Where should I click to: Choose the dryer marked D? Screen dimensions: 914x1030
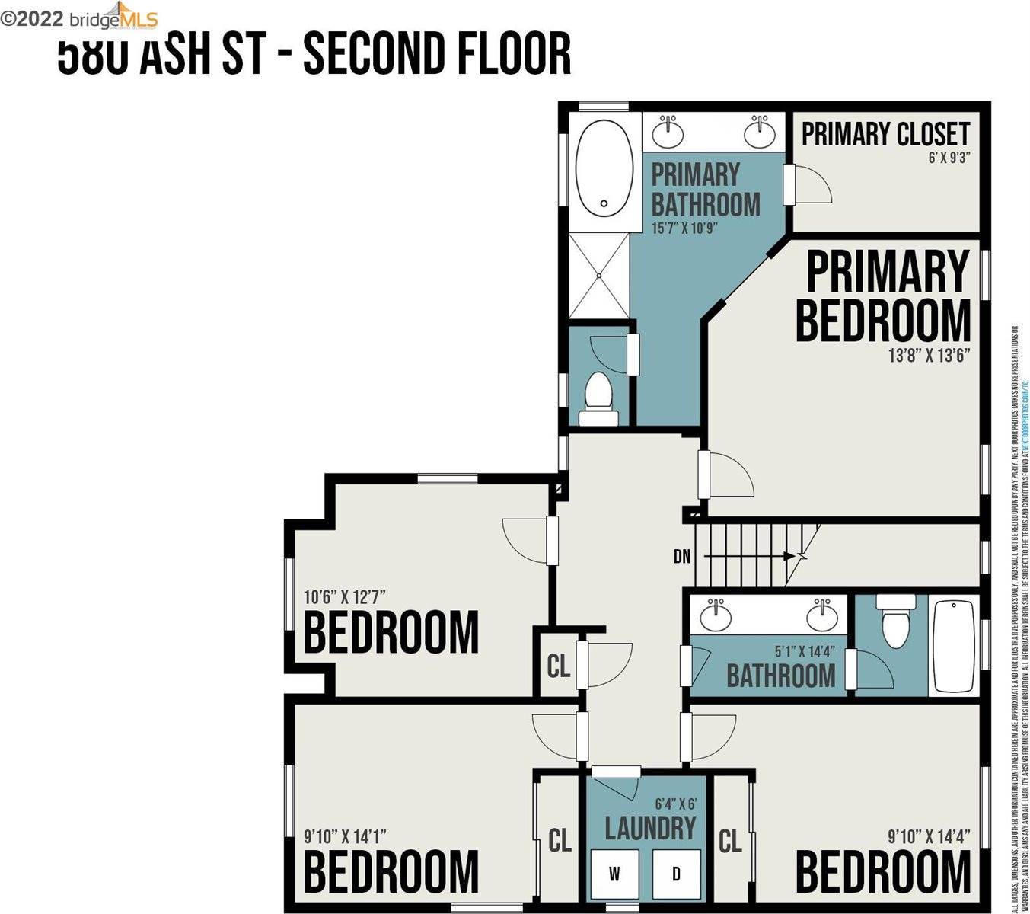(x=676, y=874)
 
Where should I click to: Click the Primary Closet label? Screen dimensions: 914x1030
(x=885, y=134)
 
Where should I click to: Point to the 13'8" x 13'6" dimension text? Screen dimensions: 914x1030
(x=929, y=355)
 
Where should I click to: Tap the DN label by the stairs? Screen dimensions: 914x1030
(x=682, y=557)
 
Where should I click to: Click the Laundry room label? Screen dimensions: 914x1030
(x=650, y=828)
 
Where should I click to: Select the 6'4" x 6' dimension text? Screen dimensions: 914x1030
(x=676, y=804)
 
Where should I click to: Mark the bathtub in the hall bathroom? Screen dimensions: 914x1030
(x=954, y=647)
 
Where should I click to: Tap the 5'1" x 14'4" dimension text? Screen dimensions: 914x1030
(x=805, y=651)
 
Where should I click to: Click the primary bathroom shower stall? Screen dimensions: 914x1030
(x=601, y=275)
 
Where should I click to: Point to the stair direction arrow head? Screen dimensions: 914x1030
(x=791, y=556)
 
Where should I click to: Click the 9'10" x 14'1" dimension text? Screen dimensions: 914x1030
(x=345, y=836)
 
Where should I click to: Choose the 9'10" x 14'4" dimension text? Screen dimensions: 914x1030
(x=929, y=836)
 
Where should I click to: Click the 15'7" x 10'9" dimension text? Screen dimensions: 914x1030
(x=684, y=227)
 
